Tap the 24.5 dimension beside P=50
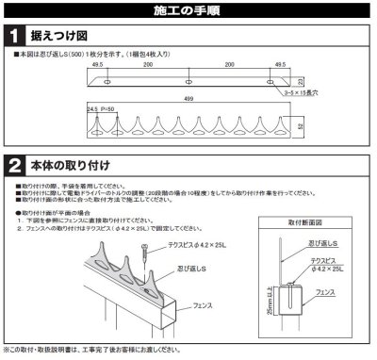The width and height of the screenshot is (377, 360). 91,111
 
